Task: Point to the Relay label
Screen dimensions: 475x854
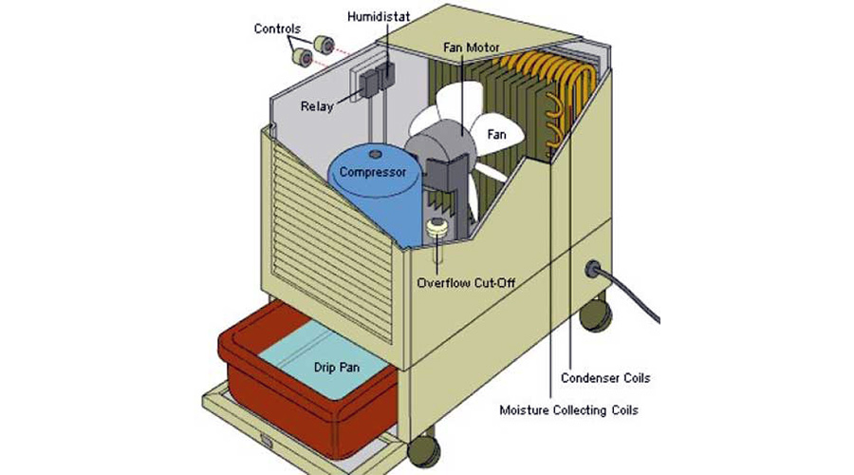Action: coord(318,106)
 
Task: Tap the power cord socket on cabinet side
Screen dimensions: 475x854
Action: coord(597,271)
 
